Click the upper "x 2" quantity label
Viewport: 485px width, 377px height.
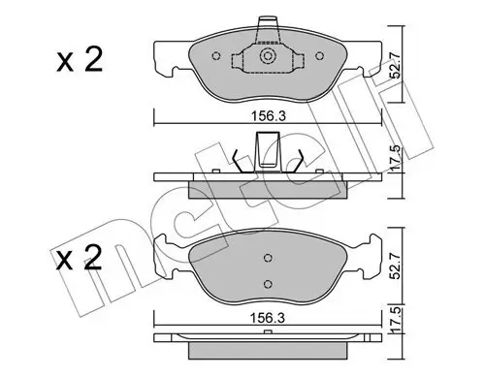click(x=80, y=60)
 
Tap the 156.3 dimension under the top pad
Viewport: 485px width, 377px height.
click(x=269, y=116)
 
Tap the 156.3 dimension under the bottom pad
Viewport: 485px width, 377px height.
click(x=268, y=318)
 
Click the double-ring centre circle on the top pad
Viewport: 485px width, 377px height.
click(x=268, y=56)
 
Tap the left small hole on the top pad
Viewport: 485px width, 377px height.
click(x=216, y=56)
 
